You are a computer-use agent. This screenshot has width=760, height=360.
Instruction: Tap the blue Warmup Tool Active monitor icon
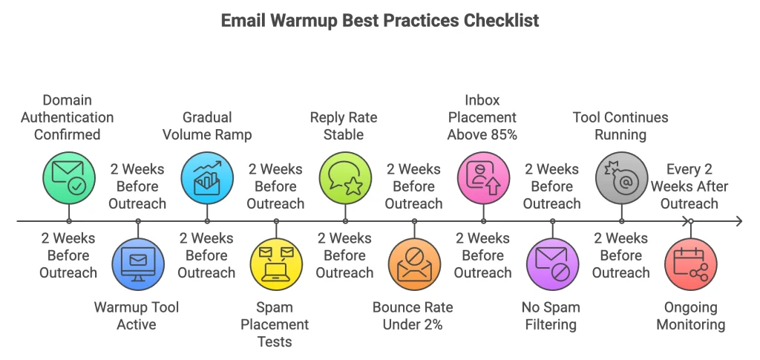coord(138,264)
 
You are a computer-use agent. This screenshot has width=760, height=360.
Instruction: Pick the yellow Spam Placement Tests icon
coord(276,264)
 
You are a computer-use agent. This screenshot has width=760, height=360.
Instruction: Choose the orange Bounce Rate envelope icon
coord(414,264)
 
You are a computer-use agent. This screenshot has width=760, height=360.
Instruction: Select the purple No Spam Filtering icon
coord(552,264)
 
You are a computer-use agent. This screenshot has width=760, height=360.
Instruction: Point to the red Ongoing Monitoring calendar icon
coord(690,264)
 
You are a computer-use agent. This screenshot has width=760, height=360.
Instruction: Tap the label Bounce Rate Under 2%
coord(413,315)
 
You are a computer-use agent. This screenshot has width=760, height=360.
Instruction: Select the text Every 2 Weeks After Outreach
coord(689,186)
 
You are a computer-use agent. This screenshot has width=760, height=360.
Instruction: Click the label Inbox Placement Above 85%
coord(482,117)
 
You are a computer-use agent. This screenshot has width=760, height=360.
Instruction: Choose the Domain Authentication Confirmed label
coord(68,117)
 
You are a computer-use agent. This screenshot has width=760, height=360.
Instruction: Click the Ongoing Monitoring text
coord(690,315)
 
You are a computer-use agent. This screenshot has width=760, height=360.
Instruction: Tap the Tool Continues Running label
coord(620,126)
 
